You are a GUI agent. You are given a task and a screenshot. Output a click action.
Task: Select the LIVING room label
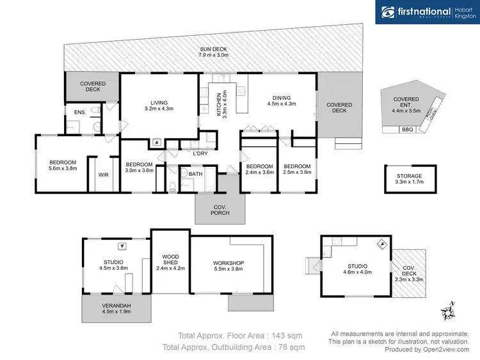[x=159, y=102]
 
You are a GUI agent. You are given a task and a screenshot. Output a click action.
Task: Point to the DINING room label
[x=282, y=100]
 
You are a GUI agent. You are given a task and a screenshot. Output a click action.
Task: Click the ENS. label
[x=80, y=113]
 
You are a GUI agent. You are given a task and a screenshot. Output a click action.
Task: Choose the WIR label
[x=103, y=175]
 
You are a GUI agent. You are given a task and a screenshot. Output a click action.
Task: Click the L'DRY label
[x=200, y=153]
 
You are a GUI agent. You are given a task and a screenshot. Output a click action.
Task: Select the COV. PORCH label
[x=220, y=209]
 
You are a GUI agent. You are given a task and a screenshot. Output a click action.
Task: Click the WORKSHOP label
[x=228, y=263]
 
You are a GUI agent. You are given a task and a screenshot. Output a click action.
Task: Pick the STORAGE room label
[x=410, y=176]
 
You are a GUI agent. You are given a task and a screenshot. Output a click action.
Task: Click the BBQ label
[x=407, y=130]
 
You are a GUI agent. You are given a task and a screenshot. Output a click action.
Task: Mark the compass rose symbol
[x=448, y=311]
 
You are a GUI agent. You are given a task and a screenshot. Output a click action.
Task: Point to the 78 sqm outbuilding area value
[x=289, y=347]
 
